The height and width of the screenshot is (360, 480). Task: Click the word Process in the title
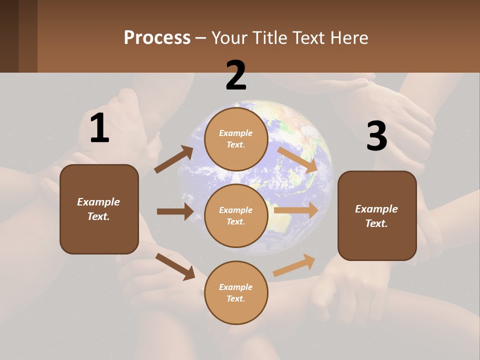pos(157,38)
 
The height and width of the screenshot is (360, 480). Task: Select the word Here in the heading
pos(348,38)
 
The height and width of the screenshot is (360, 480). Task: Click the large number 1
pos(99,128)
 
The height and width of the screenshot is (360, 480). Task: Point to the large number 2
pos(236,75)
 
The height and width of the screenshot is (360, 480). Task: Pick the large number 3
pos(376,136)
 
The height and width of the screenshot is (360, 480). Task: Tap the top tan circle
pos(236,139)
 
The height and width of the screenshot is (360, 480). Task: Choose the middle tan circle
pos(236,216)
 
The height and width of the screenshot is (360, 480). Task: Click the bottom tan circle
pos(236,292)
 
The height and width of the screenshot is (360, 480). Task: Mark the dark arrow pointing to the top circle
pos(173,159)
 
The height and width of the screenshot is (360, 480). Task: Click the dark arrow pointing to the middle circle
pos(175,211)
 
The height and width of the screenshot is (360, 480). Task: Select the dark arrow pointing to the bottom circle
pos(175,266)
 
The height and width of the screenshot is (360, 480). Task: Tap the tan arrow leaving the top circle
pos(297,159)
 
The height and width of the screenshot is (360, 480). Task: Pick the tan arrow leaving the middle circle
pos(296,210)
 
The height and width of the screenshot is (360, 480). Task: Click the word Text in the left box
pos(98,216)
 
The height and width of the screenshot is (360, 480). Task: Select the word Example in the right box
pos(376,209)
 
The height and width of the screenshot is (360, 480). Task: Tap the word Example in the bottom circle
pos(236,287)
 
